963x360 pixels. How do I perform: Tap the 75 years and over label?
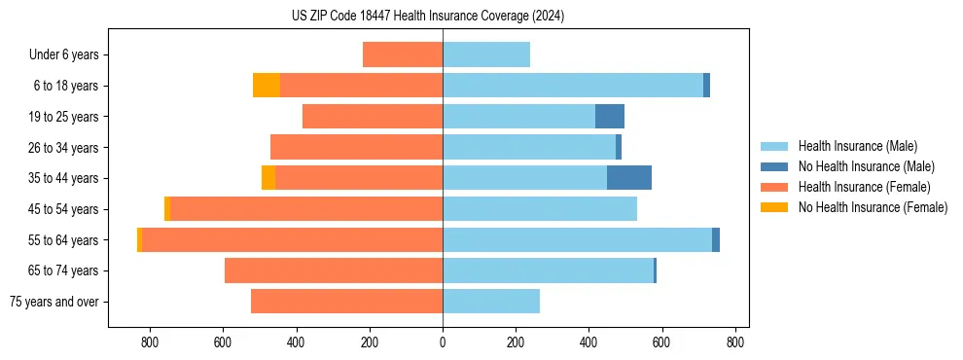click(53, 302)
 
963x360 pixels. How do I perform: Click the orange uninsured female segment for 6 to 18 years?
click(266, 86)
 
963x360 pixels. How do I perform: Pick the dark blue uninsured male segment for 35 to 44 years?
click(628, 178)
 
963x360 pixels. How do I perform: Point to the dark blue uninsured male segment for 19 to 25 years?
click(609, 117)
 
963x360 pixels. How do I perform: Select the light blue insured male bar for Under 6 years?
click(486, 54)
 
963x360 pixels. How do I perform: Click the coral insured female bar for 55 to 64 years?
click(292, 239)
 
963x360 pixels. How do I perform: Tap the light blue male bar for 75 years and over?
click(491, 302)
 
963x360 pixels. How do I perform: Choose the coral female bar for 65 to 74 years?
click(334, 270)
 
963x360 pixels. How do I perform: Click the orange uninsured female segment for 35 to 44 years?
click(268, 178)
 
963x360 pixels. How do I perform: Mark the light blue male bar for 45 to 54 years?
click(540, 209)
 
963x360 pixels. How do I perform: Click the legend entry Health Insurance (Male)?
click(857, 146)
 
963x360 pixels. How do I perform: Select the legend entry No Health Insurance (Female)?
click(873, 207)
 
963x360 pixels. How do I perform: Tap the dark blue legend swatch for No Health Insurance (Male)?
click(774, 166)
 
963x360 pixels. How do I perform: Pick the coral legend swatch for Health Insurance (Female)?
click(774, 187)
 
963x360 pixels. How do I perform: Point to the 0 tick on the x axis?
click(443, 342)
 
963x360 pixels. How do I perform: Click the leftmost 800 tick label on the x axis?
click(150, 342)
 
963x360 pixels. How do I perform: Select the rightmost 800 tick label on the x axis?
click(735, 342)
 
